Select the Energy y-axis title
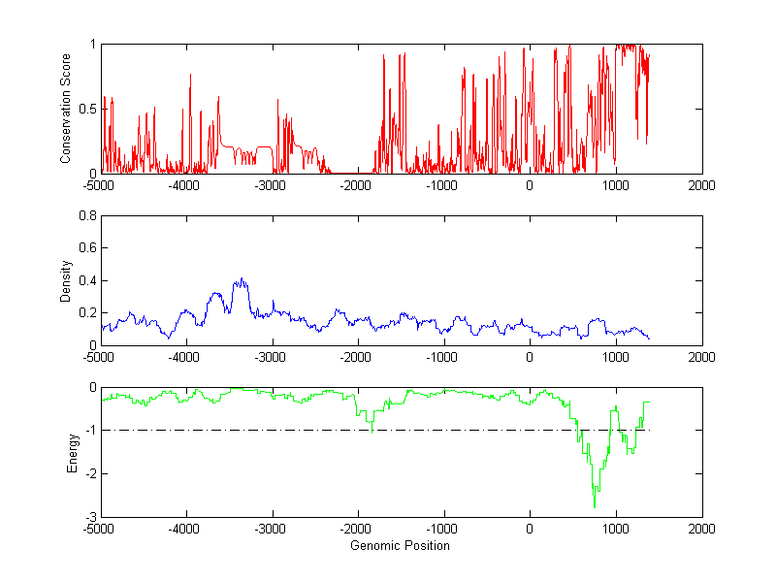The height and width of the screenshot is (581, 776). [x=71, y=452]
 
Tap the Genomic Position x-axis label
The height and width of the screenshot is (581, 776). [x=400, y=546]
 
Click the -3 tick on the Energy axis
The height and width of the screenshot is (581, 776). [x=89, y=516]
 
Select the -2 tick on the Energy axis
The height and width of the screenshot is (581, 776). [x=89, y=473]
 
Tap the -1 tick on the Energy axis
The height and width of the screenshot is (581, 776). [x=89, y=430]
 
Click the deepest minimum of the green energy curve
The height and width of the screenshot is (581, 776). [x=595, y=507]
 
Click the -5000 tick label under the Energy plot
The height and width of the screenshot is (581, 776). [x=99, y=530]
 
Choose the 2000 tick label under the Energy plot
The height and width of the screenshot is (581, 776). [x=701, y=530]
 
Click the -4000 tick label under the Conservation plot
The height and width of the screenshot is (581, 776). [x=185, y=185]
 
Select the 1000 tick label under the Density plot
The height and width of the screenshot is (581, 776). [x=616, y=357]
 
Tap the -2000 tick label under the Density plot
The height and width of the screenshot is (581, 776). [x=357, y=357]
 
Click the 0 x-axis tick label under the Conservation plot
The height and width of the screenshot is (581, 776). [x=530, y=185]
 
